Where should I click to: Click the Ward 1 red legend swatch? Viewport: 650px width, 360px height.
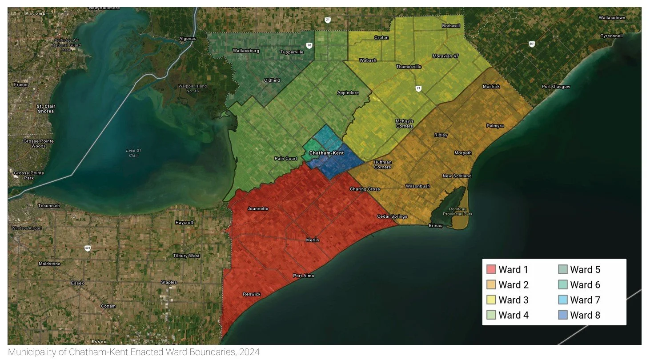click(491, 269)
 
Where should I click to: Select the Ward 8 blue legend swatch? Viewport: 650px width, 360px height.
click(563, 316)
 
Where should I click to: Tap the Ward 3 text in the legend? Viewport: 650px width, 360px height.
click(514, 300)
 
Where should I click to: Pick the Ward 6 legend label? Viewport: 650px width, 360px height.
click(585, 285)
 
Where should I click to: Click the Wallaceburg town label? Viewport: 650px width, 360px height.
click(246, 51)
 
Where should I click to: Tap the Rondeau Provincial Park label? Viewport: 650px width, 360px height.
click(457, 212)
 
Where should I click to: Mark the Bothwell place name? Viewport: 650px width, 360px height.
click(451, 26)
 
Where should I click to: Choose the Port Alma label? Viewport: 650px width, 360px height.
click(303, 276)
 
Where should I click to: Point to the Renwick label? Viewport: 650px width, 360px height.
click(252, 294)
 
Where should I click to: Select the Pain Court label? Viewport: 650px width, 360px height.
click(286, 159)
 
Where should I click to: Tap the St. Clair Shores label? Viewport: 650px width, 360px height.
click(45, 109)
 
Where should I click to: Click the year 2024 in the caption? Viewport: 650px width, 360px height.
click(249, 353)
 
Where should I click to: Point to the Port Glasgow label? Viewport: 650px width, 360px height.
click(556, 87)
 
